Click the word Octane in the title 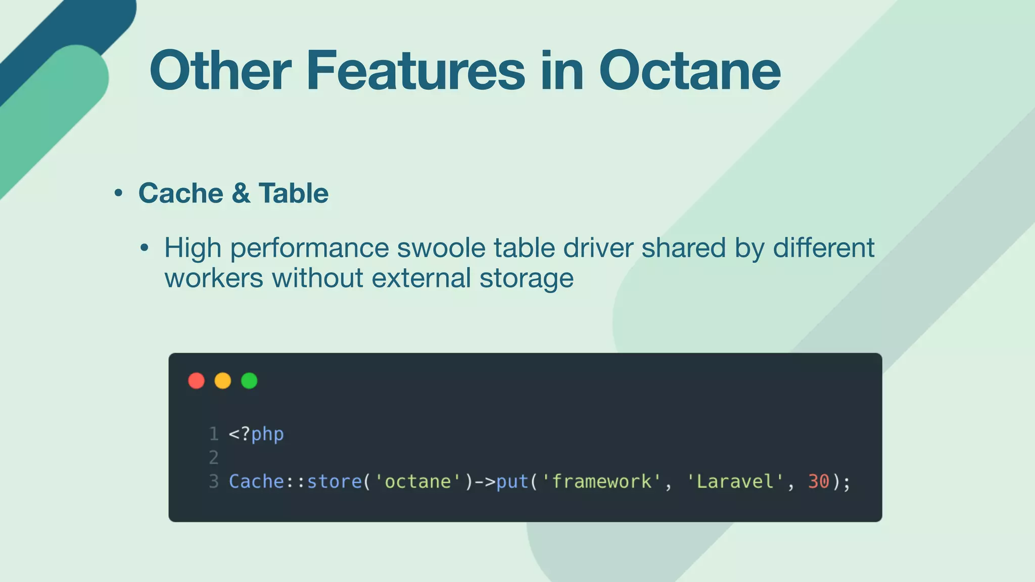[690, 71]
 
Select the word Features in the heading [416, 71]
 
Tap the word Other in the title [220, 71]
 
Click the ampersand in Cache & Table [241, 193]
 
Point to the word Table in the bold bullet [293, 193]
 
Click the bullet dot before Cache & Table [118, 193]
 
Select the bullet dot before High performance [145, 248]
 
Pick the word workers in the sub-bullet [214, 278]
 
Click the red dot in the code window [197, 380]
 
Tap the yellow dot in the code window [223, 380]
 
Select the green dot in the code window [249, 380]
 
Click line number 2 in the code [214, 458]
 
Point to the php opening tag [256, 434]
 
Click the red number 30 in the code [818, 481]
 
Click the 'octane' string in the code [417, 481]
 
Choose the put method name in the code [512, 481]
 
